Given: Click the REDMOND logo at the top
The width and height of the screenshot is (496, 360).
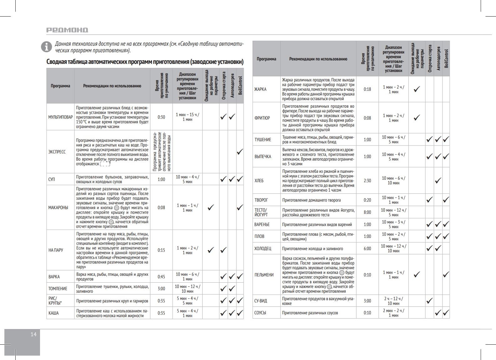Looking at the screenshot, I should click(x=67, y=30).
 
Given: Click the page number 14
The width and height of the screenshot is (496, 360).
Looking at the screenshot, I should click(x=33, y=334).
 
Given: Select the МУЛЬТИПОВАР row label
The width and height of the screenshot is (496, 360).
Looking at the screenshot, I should click(x=60, y=117).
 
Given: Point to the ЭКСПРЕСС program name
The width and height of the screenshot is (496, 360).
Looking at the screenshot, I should click(x=57, y=152).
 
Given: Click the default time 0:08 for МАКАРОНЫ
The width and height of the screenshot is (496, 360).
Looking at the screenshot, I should click(x=161, y=208).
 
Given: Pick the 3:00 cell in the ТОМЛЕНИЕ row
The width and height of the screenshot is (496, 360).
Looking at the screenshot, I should click(x=161, y=289).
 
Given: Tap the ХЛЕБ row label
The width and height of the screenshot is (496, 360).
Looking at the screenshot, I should click(x=259, y=181).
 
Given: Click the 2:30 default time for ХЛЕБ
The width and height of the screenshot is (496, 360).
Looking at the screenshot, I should click(x=367, y=181).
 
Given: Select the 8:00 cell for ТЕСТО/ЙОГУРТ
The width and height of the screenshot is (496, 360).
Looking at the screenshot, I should click(x=367, y=212).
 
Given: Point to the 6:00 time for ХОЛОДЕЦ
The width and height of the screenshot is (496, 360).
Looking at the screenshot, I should click(x=367, y=249).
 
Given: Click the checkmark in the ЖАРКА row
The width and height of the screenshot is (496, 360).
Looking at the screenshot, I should click(x=417, y=89).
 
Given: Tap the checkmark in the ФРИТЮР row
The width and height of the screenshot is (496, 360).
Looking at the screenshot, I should click(x=417, y=118).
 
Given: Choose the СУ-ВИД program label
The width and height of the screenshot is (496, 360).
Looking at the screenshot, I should click(x=261, y=301).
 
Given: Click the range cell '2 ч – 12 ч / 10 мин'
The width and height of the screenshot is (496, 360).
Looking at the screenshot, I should click(x=393, y=301).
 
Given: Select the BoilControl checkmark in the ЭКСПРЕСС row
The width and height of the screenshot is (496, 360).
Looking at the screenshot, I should click(x=240, y=152).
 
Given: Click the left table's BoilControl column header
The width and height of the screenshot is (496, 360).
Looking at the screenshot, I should click(x=240, y=85).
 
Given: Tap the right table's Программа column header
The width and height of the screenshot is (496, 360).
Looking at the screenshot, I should click(x=266, y=59).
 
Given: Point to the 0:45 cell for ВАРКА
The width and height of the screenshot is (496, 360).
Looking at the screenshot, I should click(x=161, y=277).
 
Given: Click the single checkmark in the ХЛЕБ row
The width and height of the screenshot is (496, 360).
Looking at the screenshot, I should click(x=438, y=181).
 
